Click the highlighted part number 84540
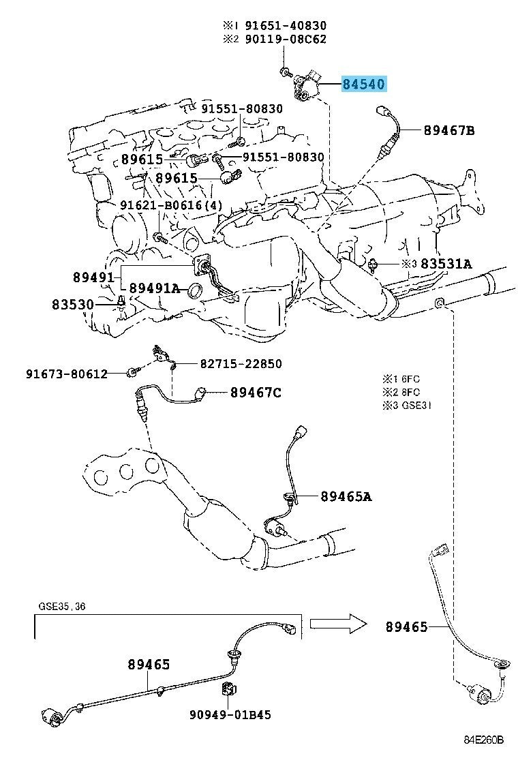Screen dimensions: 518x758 364,84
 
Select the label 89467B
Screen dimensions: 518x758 449,130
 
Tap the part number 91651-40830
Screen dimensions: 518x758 285,25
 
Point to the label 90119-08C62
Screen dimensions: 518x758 285,39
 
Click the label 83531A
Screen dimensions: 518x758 446,264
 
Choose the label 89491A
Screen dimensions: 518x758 154,288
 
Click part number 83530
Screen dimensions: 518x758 72,305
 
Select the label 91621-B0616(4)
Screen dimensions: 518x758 172,205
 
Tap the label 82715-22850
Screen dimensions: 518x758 241,363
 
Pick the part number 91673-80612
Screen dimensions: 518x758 67,373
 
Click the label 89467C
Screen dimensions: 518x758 256,392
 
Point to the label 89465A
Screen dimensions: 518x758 346,496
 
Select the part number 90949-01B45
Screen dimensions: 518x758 230,714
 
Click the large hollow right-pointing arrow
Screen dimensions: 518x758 338,624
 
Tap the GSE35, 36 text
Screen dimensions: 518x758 62,606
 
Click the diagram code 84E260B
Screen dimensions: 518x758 484,740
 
